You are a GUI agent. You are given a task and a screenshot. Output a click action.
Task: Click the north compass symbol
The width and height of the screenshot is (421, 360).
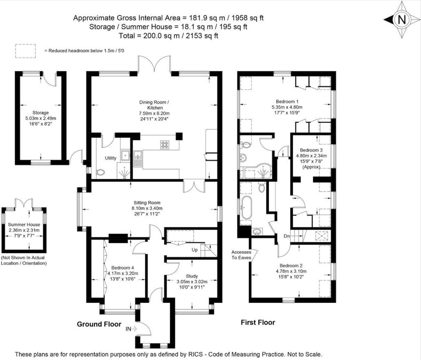tap(401, 20)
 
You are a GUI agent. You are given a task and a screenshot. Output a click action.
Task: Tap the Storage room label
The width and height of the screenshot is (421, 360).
tap(41, 112)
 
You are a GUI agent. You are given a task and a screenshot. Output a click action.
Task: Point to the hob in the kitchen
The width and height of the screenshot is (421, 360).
tap(165, 144)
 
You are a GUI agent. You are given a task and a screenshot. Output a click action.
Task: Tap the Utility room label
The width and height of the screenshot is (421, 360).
tap(110, 158)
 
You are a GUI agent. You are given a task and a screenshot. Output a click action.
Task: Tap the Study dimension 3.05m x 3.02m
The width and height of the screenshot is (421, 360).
tap(192, 282)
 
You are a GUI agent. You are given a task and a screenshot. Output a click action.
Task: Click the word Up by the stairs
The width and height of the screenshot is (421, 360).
tap(195, 250)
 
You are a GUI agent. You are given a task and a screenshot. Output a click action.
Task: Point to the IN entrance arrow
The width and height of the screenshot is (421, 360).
tap(131, 329)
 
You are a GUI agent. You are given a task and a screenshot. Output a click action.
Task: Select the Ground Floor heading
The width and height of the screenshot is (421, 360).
tap(99, 324)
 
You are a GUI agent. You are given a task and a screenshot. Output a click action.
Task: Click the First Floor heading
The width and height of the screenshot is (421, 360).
tap(258, 323)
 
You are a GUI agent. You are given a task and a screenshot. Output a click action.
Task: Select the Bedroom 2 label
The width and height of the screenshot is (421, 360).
tap(291, 265)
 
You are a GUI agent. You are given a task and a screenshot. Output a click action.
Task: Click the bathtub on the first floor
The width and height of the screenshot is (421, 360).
tap(248, 208)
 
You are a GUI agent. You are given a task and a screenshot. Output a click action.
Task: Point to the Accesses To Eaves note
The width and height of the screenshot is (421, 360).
tap(241, 255)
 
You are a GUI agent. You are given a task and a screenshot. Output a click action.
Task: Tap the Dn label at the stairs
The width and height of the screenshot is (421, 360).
tap(287, 236)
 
